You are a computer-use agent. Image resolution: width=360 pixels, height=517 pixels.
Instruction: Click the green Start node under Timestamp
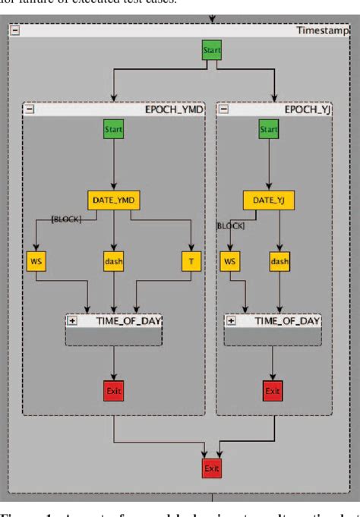tap(212, 51)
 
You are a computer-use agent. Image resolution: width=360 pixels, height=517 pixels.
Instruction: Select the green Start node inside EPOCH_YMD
tap(113, 130)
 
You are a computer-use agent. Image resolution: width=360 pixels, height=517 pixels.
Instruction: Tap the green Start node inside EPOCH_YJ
tap(269, 130)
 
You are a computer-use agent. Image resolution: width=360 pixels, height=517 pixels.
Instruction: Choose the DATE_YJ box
tap(269, 200)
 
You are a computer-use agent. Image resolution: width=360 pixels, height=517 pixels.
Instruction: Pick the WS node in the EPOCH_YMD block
tap(35, 261)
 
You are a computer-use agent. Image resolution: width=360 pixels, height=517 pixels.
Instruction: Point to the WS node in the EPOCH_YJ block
tap(229, 261)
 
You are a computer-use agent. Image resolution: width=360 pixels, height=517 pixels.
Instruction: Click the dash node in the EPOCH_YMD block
tap(113, 261)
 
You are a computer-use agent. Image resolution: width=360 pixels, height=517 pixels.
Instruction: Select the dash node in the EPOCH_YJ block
tap(279, 261)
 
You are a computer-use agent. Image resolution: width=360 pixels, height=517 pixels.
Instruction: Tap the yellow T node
tap(191, 261)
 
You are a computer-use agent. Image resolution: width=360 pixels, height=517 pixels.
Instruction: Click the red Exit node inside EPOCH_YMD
tap(113, 391)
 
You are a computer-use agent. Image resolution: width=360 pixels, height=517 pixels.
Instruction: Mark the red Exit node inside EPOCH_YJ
tap(272, 391)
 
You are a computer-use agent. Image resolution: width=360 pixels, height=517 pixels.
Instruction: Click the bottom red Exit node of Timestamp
tap(212, 468)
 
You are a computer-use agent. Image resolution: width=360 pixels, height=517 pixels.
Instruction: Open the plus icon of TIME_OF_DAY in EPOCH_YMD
tap(73, 321)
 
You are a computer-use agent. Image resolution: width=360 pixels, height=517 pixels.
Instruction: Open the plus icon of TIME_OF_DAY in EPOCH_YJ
tap(232, 321)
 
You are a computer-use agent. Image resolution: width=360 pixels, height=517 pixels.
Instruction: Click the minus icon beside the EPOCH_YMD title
tap(30, 109)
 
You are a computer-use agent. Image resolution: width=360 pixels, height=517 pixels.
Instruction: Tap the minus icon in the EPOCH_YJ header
tap(224, 109)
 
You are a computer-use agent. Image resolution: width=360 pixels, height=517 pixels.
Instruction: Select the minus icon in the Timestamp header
tap(15, 30)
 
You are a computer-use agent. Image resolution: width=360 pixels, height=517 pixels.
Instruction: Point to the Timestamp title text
tap(326, 30)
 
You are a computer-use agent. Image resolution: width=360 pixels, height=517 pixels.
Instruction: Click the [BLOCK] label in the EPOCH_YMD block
tap(65, 219)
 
